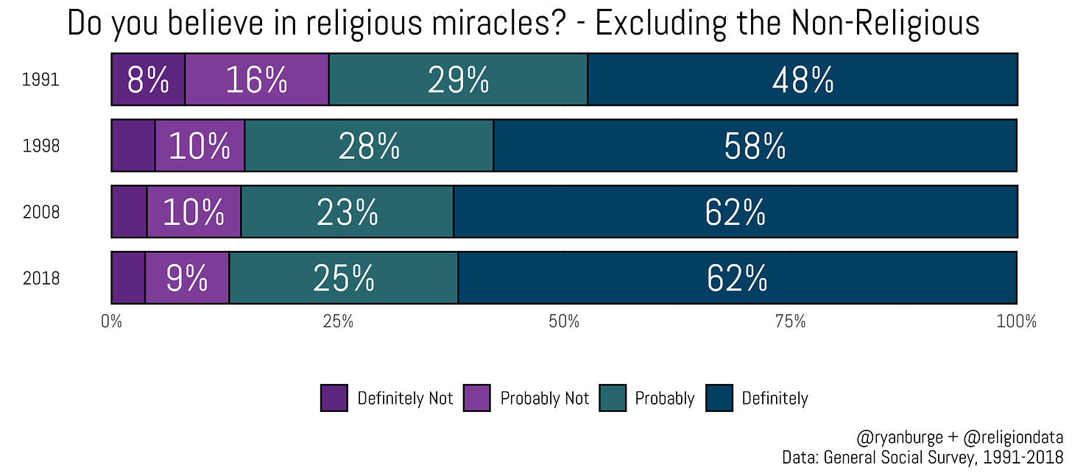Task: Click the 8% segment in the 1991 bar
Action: point(147,79)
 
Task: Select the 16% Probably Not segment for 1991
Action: point(256,79)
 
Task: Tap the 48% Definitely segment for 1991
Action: point(803,79)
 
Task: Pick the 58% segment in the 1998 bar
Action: point(755,146)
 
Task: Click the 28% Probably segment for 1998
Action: point(369,146)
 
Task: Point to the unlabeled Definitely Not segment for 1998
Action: point(133,146)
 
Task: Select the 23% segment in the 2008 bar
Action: point(348,212)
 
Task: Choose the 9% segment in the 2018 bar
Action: point(187,278)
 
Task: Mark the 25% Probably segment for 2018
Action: point(344,278)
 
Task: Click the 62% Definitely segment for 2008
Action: point(736,212)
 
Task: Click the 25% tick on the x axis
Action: point(337,322)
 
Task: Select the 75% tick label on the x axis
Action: point(790,322)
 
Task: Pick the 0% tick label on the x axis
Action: point(111,322)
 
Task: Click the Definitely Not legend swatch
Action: point(334,398)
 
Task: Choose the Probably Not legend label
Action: point(544,399)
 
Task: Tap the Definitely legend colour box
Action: point(719,398)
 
